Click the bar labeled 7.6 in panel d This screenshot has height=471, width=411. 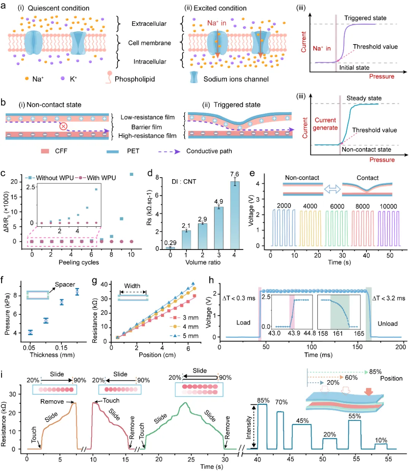tap(234, 215)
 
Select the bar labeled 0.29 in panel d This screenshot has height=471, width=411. tap(170, 247)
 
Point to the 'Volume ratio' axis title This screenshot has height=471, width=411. tap(202, 262)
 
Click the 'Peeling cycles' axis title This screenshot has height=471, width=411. tap(79, 262)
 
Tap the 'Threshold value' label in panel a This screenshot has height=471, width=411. tap(375, 47)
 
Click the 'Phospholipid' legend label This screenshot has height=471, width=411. tap(135, 79)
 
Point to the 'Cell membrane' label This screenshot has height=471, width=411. tap(150, 43)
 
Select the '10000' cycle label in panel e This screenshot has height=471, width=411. tap(388, 206)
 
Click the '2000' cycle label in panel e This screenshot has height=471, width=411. tap(284, 206)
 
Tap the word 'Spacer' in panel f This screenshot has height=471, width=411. tap(65, 285)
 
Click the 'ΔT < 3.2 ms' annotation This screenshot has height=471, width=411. tap(389, 298)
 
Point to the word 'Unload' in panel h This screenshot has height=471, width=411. tap(387, 324)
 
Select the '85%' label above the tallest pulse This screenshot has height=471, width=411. tap(263, 400)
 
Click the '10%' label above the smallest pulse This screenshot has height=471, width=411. tap(381, 440)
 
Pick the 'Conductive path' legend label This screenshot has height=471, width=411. tap(209, 151)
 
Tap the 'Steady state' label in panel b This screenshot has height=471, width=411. tap(364, 98)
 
